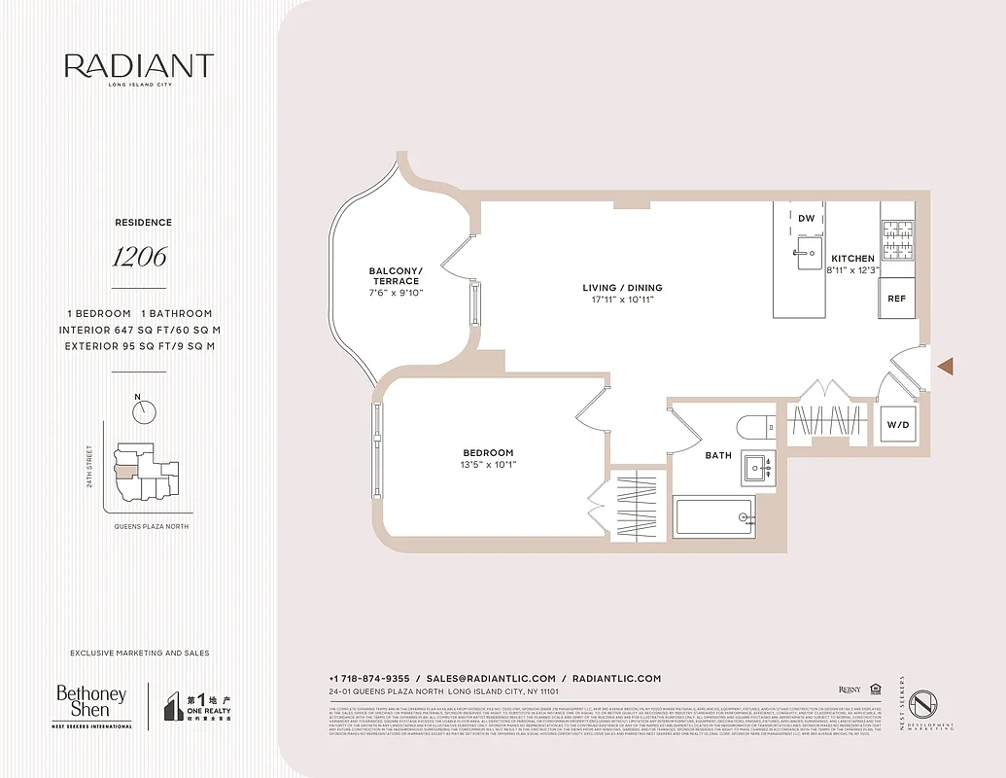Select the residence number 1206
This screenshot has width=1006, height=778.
click(x=138, y=257)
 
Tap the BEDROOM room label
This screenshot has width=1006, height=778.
click(x=488, y=453)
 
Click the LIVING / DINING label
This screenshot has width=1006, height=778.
click(x=622, y=288)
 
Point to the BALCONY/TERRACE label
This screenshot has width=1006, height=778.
click(x=396, y=276)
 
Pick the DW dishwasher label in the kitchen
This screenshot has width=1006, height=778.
click(x=806, y=219)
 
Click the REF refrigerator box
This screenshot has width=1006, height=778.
click(x=896, y=299)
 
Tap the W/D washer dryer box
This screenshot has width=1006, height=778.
click(x=896, y=425)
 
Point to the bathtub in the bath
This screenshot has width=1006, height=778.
click(x=714, y=516)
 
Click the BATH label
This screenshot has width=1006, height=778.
click(x=718, y=455)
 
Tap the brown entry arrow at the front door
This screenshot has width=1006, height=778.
click(x=945, y=366)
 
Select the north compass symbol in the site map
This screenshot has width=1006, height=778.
click(x=144, y=411)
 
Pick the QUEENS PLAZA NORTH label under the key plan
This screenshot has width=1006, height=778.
click(x=145, y=526)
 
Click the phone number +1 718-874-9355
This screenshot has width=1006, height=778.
click(x=369, y=679)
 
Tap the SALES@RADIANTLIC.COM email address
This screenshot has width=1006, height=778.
click(x=491, y=679)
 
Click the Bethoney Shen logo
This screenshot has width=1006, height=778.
click(x=91, y=704)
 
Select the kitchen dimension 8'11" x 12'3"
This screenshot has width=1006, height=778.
click(x=852, y=269)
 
